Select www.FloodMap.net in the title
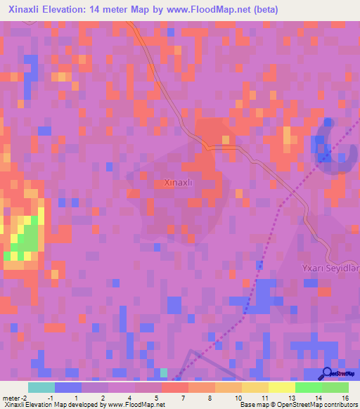pyautogui.click(x=213, y=10)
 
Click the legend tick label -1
pyautogui.click(x=50, y=397)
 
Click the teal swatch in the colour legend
pyautogui.click(x=41, y=387)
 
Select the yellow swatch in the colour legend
pyautogui.click(x=281, y=387)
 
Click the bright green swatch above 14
pyautogui.click(x=308, y=387)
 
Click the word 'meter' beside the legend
pyautogui.click(x=11, y=397)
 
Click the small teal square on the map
pyautogui.click(x=164, y=372)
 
